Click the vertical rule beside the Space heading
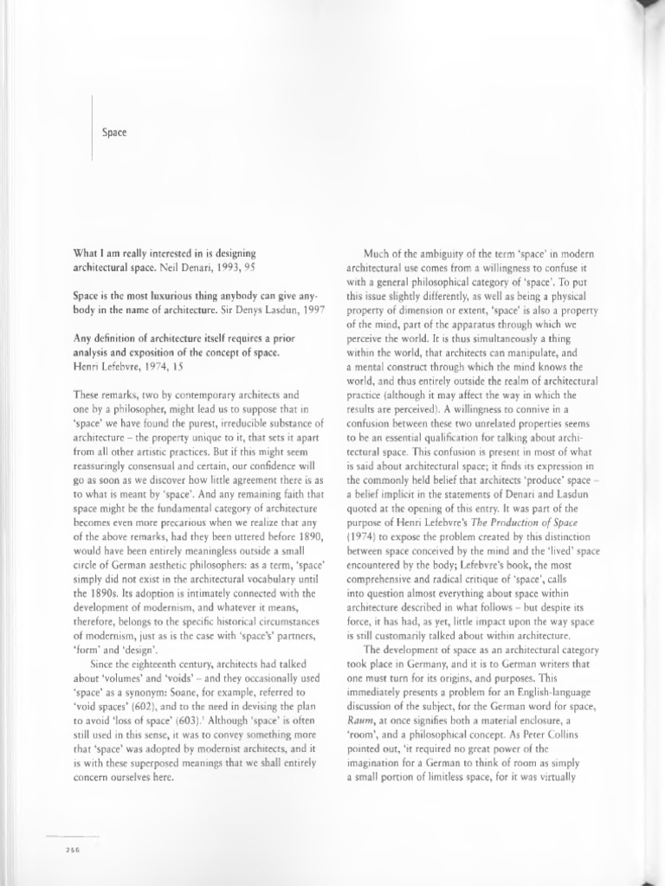(x=92, y=129)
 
